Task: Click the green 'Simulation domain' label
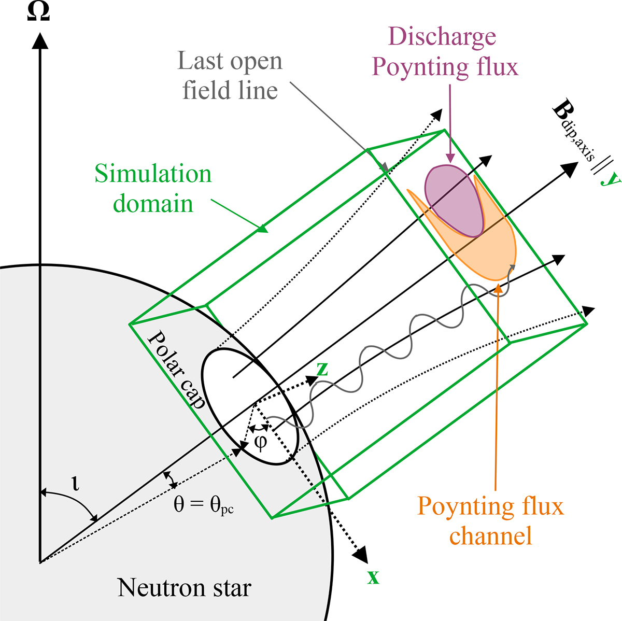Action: [153, 189]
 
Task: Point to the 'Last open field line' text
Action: [230, 76]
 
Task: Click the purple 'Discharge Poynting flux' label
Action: [445, 52]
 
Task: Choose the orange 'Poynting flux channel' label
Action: [490, 520]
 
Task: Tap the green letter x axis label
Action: [373, 577]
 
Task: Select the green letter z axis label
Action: [322, 368]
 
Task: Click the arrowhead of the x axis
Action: [361, 555]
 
